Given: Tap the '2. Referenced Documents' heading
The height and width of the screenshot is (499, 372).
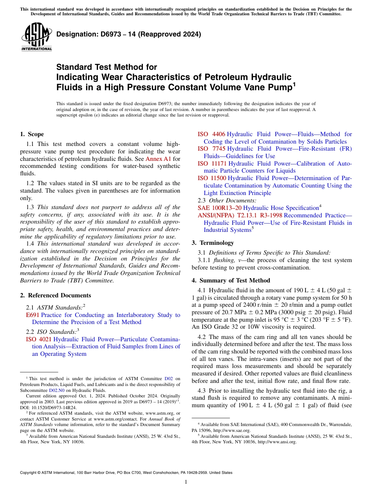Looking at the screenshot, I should pyautogui.click(x=55, y=295).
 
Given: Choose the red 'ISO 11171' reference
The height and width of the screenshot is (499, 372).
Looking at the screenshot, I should pyautogui.click(x=212, y=164).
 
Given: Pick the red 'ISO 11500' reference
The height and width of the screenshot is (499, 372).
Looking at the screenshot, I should pyautogui.click(x=212, y=178).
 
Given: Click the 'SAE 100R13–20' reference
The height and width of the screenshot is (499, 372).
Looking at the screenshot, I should pyautogui.click(x=220, y=208).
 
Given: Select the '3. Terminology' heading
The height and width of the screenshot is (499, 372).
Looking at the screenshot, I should pyautogui.click(x=213, y=243).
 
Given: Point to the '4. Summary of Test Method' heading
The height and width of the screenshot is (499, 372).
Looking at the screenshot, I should pyautogui.click(x=231, y=280).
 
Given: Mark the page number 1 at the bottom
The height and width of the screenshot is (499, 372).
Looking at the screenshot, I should pyautogui.click(x=186, y=482).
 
